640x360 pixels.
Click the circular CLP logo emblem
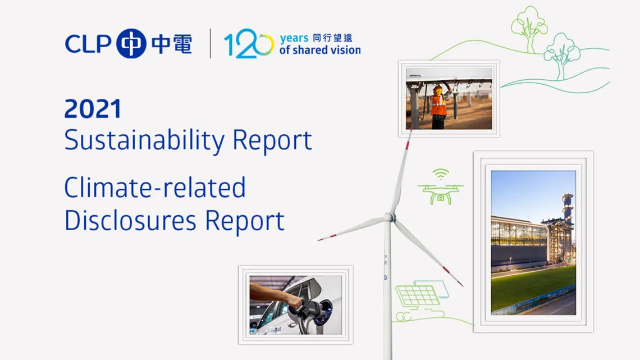tap(131, 43)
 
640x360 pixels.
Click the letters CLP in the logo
tap(88, 44)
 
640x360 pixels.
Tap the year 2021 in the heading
tap(93, 108)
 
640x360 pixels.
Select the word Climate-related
tap(155, 188)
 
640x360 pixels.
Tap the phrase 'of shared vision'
tap(320, 50)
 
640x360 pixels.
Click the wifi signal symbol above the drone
tap(441, 174)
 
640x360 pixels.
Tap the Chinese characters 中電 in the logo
tap(171, 44)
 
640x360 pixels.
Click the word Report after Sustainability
tap(272, 140)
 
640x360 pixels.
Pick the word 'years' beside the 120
tap(294, 38)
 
